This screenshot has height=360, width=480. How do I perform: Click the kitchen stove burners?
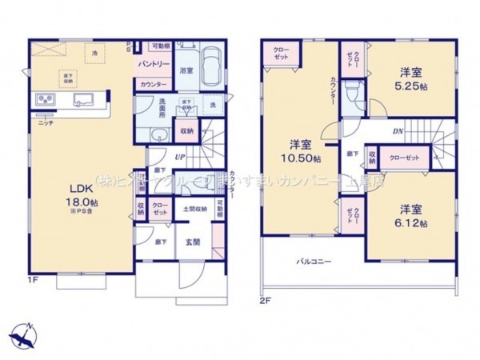[45, 100]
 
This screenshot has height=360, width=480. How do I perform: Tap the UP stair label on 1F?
[182, 157]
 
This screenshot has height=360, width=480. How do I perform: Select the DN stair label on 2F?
[397, 131]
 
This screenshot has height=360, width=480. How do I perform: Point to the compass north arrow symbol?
[26, 333]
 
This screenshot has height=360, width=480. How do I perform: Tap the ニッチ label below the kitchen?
[45, 123]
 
